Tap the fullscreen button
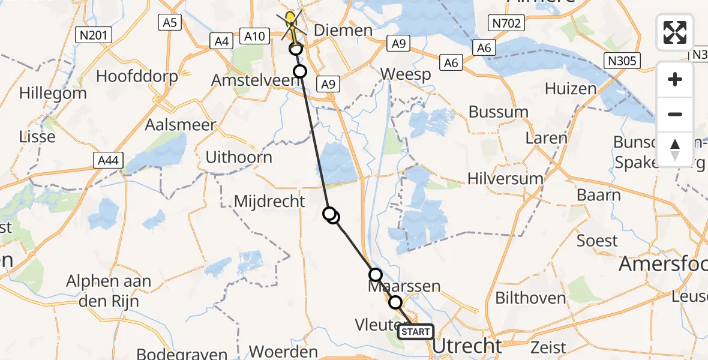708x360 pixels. [x=675, y=32]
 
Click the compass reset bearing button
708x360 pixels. [x=675, y=149]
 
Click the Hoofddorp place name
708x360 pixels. [x=137, y=76]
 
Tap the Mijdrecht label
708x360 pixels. [x=269, y=201]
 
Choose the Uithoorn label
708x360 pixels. [x=239, y=157]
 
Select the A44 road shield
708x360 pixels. [x=108, y=160]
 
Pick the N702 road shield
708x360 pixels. [x=507, y=23]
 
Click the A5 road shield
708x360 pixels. [x=170, y=22]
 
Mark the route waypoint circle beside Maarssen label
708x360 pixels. [x=375, y=275]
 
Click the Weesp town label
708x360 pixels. [x=406, y=74]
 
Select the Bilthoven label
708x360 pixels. [x=522, y=298]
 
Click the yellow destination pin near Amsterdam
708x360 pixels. [x=291, y=19]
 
